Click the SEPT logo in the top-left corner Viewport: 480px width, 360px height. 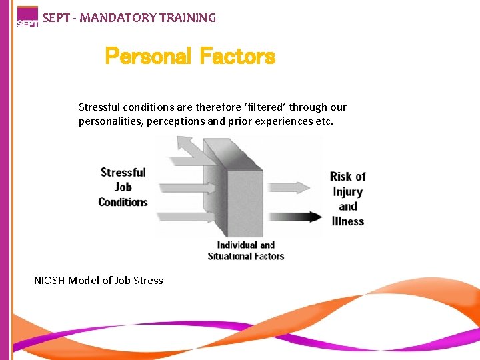click(x=27, y=17)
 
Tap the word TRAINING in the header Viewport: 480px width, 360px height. click(x=188, y=18)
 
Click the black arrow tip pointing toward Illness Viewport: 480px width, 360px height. click(x=316, y=217)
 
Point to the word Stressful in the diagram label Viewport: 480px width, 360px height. click(x=123, y=173)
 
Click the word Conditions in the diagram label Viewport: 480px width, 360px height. click(x=123, y=202)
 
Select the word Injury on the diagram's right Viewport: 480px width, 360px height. click(x=347, y=191)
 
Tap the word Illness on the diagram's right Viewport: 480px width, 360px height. click(x=347, y=221)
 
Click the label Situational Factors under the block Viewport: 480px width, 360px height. click(x=245, y=256)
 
